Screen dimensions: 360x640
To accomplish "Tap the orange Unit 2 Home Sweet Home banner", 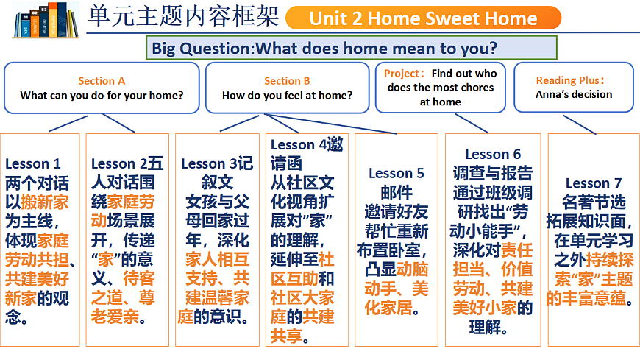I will (423, 18).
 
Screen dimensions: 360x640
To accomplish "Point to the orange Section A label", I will (102, 81).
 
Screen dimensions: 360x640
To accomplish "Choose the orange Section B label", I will (287, 81).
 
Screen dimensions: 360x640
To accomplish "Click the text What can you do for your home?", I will (102, 95).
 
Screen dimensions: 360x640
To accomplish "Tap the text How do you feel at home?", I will (287, 95).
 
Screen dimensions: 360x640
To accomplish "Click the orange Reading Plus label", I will (571, 80).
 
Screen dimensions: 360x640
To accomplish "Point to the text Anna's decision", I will (574, 94).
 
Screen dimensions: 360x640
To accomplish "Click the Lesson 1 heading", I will (33, 163).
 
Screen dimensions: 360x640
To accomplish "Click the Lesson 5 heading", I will (397, 173).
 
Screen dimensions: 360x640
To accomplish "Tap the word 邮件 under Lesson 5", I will (397, 192).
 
